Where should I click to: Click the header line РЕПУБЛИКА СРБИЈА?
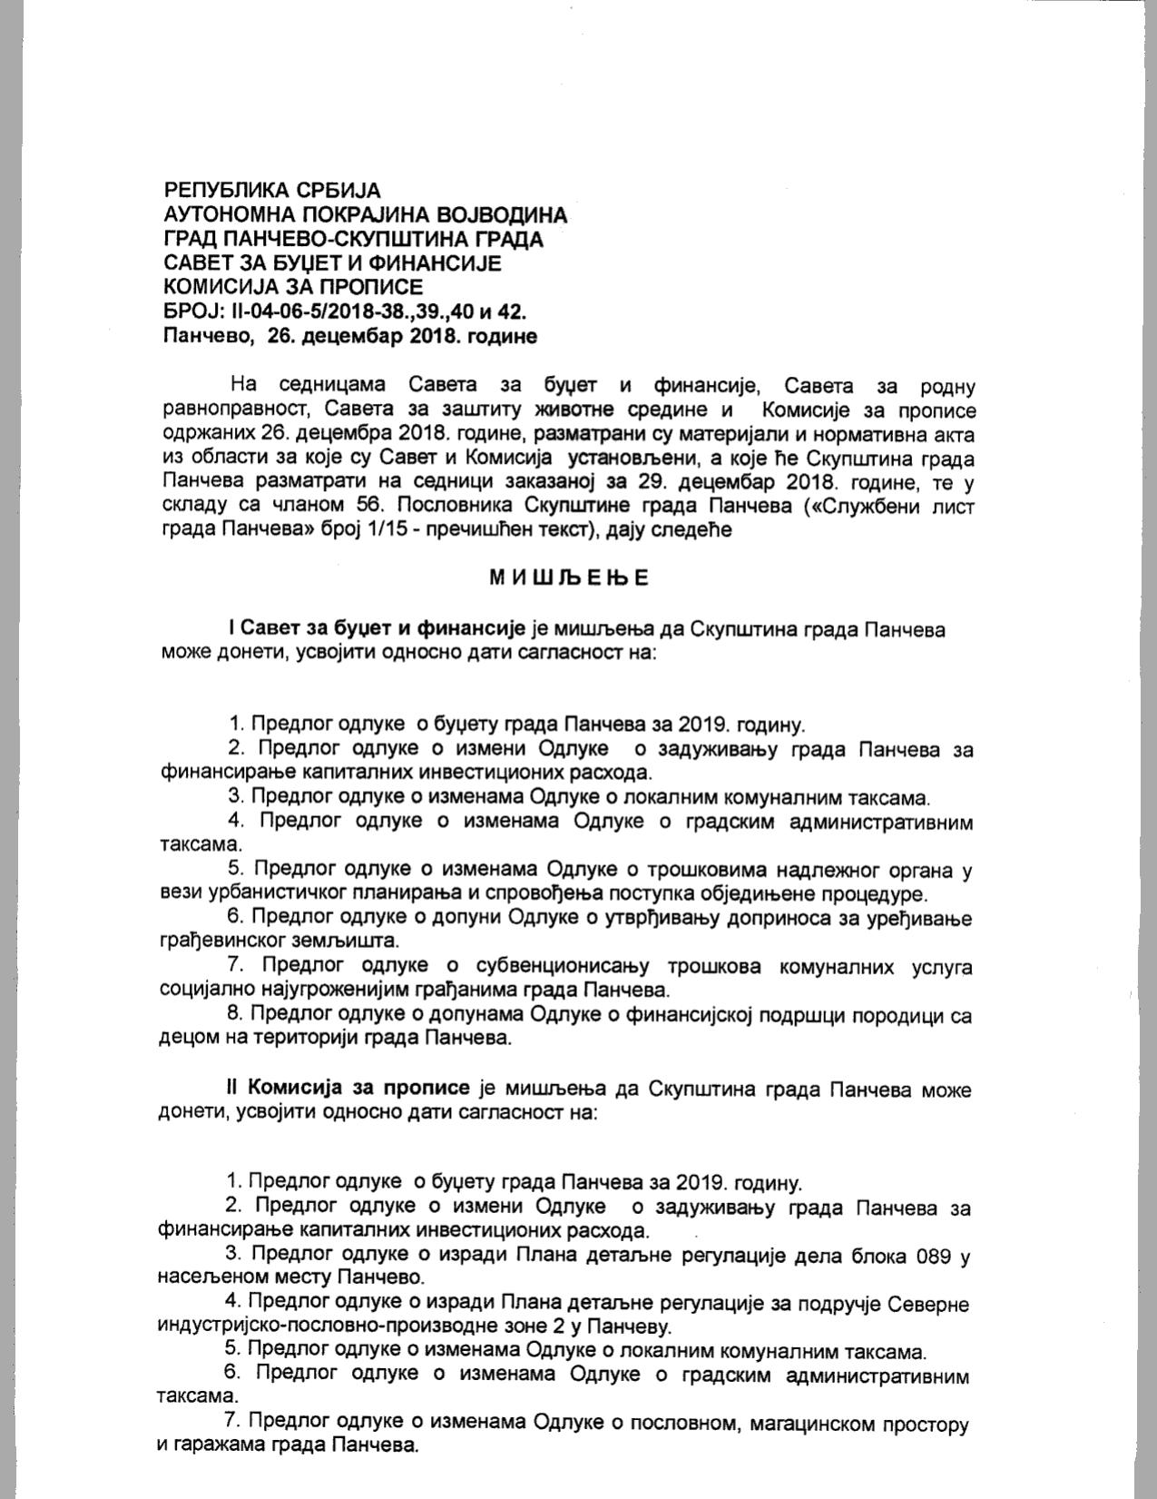pyautogui.click(x=272, y=191)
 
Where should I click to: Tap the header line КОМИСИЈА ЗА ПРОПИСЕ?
pyautogui.click(x=293, y=288)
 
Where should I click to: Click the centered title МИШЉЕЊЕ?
pyautogui.click(x=570, y=578)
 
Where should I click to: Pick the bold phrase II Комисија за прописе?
pyautogui.click(x=348, y=1087)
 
